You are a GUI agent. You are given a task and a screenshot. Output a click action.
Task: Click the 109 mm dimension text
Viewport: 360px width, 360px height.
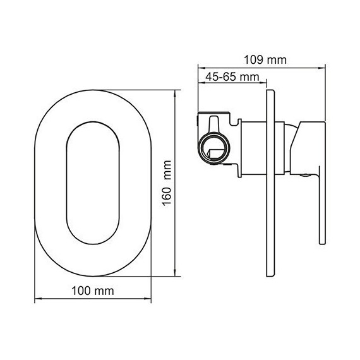[x=265, y=61]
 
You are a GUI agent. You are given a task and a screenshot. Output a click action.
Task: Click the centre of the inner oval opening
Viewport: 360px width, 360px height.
[x=92, y=183]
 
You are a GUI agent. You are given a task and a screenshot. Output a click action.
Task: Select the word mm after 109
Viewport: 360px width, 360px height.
[x=276, y=61]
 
